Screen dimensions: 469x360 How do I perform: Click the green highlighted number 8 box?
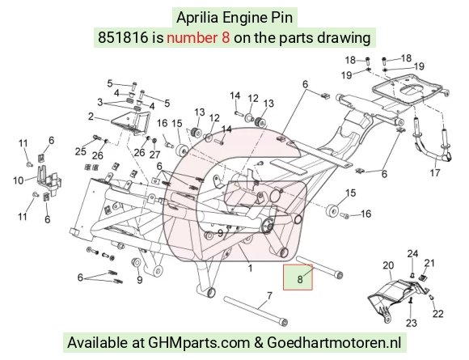[298, 277]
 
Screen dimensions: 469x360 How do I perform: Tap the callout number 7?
[269, 295]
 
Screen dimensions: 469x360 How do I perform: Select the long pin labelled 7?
[256, 311]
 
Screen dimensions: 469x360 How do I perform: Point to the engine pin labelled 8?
[319, 267]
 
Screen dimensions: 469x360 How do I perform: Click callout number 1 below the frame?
[250, 268]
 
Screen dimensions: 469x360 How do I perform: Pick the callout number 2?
[91, 116]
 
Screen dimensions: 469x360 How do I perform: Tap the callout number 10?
[19, 180]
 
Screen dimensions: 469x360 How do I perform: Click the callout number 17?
[435, 172]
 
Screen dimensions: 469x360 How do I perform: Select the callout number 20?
[388, 265]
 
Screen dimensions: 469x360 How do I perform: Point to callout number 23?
[412, 323]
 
